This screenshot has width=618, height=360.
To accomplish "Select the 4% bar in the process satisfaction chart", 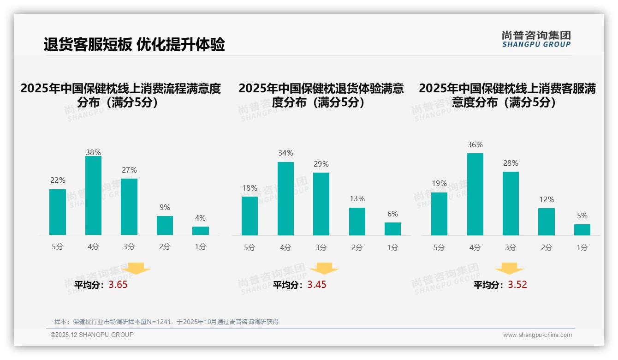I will (201, 230).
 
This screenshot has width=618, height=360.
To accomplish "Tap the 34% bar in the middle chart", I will (285, 198).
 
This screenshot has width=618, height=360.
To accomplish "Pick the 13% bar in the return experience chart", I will (357, 222).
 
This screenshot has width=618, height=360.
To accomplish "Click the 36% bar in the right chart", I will (475, 194).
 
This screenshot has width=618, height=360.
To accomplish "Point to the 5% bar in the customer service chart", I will (582, 229).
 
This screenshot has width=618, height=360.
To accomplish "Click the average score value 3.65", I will (118, 285).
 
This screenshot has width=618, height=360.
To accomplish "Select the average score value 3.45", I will (317, 285).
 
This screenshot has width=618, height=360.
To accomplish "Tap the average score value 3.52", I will (517, 285).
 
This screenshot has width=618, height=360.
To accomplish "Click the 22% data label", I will (58, 180).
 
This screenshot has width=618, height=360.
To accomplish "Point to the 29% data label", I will (321, 164).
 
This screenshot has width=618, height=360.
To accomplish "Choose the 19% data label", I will (439, 183).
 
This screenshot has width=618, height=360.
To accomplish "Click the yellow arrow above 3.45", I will (324, 268).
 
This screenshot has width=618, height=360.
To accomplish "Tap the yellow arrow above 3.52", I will (509, 268).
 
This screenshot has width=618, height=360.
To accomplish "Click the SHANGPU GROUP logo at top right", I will (536, 39).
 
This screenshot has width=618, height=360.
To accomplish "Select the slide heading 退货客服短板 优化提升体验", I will (134, 44).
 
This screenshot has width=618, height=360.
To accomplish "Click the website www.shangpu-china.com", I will (537, 335).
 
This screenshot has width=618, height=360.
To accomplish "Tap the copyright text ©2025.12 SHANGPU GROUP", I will (92, 335).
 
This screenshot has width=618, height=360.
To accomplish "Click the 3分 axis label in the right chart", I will (511, 247).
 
